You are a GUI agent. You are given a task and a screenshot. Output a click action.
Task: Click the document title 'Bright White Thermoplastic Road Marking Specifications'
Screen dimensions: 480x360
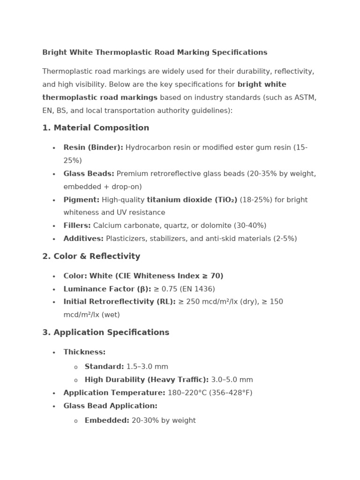coord(155,52)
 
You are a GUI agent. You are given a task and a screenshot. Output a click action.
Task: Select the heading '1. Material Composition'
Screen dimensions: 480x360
coord(96,128)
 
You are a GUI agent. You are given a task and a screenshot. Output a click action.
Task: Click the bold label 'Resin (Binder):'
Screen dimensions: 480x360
coord(93,148)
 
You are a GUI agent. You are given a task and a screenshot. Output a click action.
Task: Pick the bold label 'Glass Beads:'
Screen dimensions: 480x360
coord(89,174)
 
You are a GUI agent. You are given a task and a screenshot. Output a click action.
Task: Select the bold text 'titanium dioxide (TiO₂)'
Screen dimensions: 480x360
coord(192,200)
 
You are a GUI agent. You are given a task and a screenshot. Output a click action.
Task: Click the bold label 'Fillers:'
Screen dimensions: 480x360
coord(77,225)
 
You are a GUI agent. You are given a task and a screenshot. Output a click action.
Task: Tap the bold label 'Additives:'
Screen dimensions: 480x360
coord(83,239)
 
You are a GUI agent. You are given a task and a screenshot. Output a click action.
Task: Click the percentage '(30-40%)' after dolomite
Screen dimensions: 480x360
coord(250,225)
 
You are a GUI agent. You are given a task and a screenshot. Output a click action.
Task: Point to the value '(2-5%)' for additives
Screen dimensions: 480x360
coord(285,239)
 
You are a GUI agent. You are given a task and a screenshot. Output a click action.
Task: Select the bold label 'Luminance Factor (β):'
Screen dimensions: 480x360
coord(107,289)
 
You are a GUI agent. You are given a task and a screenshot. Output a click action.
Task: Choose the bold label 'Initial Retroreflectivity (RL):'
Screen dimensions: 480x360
coord(120,302)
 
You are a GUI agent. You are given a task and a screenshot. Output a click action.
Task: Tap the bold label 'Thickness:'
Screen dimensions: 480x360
coord(84,352)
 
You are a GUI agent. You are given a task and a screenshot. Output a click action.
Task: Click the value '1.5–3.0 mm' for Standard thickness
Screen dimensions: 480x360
coord(147,367)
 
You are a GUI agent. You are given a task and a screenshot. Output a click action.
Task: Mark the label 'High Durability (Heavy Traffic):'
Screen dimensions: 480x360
coord(147,380)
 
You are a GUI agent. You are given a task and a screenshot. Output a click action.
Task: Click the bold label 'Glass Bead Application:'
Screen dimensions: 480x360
coord(111,406)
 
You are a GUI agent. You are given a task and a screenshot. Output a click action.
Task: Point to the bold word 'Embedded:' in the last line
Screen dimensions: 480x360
coord(107,420)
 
